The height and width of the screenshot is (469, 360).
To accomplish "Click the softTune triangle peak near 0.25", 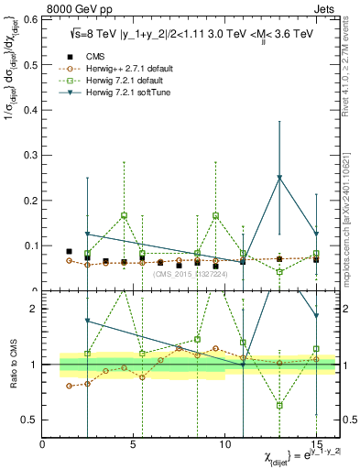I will [x=279, y=178].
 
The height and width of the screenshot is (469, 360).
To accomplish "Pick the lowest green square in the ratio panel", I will [x=279, y=405].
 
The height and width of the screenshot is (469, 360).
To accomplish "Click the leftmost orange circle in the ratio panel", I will [x=69, y=386].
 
